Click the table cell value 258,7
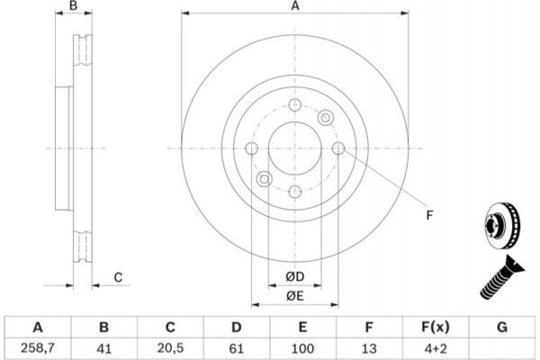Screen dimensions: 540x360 (38, 348)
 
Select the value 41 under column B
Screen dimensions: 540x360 (104, 348)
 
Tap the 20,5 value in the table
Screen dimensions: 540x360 (170, 348)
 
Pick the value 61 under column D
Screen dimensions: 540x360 (236, 348)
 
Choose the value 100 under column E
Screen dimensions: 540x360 (302, 348)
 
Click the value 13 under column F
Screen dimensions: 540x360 (369, 348)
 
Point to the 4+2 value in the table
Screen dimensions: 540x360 (436, 348)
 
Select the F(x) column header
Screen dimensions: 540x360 (436, 327)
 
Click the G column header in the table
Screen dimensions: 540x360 (502, 327)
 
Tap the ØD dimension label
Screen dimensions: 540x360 (295, 276)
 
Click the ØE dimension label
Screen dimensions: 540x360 (295, 295)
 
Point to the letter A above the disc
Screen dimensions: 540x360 (295, 6)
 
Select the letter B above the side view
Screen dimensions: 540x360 (74, 6)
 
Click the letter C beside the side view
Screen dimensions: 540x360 (118, 277)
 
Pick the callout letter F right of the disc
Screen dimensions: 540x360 (429, 215)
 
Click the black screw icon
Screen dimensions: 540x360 (502, 277)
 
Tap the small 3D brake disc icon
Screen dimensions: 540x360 (502, 226)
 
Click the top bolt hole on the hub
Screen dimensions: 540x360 (295, 104)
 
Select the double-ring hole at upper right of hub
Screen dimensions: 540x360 (326, 118)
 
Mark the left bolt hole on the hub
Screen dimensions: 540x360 (252, 148)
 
